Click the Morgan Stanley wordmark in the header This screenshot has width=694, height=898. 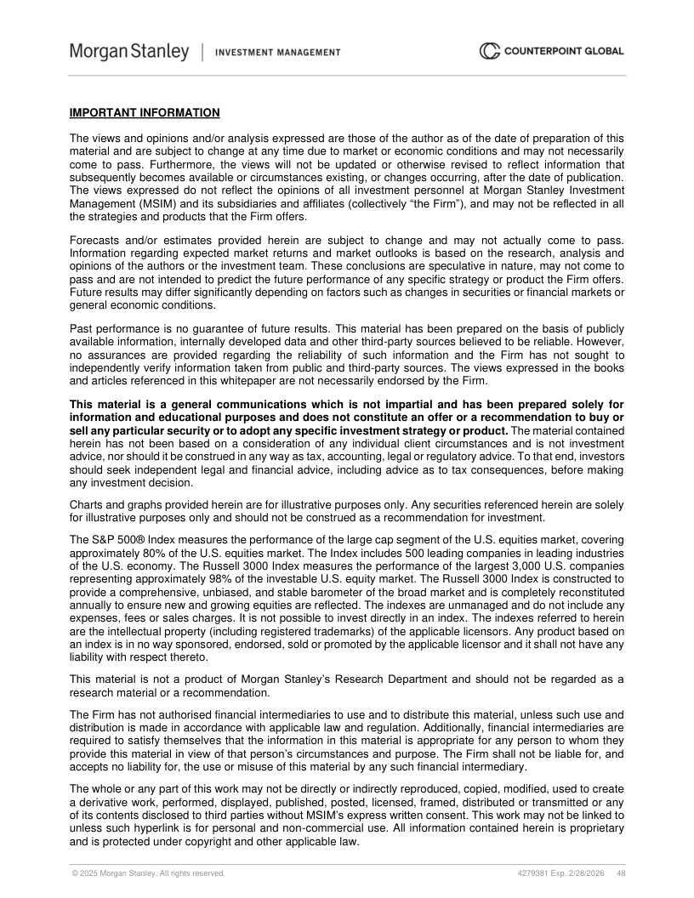click(129, 52)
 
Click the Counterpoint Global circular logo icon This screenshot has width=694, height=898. click(489, 52)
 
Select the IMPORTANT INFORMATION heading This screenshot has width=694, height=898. click(145, 113)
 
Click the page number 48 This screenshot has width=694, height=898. click(622, 873)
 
